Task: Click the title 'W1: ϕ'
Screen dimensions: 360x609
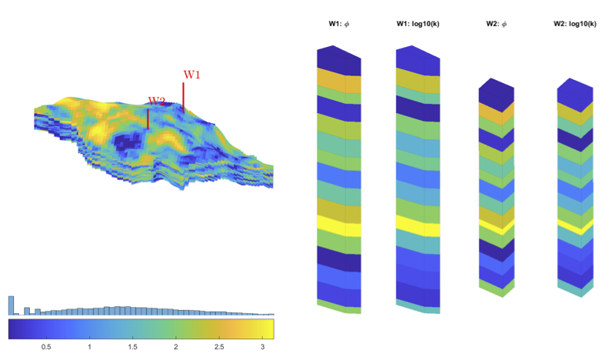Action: [339, 24]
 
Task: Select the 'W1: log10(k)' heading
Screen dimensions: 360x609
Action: [418, 24]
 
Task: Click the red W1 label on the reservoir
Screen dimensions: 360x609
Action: [191, 75]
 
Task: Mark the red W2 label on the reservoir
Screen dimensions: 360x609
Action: [156, 101]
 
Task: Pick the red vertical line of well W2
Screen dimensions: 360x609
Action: [148, 118]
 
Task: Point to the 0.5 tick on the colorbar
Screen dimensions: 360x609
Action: [46, 347]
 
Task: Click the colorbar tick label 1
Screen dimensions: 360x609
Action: [90, 347]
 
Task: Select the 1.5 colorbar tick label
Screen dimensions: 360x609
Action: [132, 347]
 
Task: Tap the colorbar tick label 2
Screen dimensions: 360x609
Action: [177, 347]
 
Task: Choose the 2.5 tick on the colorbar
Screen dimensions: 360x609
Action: [219, 347]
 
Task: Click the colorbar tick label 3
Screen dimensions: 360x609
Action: [263, 347]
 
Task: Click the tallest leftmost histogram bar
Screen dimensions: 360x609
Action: [12, 305]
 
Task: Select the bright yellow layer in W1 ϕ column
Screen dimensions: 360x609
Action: [339, 225]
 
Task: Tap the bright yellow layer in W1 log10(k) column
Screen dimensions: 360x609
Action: [418, 225]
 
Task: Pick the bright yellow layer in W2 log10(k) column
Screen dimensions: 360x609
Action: [574, 226]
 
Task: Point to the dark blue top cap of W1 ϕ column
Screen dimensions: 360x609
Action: [339, 58]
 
